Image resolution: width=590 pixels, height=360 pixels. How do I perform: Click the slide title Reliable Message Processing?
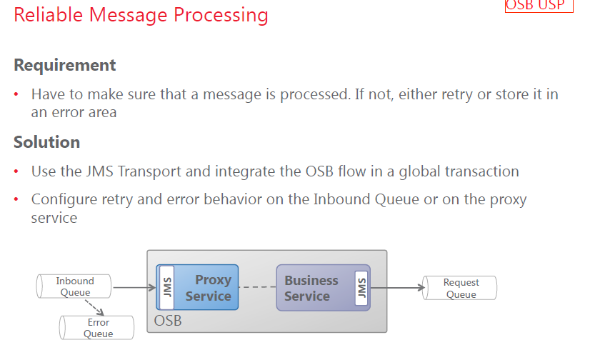click(141, 15)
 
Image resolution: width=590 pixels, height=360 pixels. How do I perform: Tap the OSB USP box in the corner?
click(539, 6)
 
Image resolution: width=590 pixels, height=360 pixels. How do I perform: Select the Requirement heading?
click(64, 65)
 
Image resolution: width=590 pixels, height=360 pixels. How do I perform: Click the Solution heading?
click(46, 142)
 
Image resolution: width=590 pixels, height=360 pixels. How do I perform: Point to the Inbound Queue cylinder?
click(74, 286)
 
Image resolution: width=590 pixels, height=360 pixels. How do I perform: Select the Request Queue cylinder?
click(460, 288)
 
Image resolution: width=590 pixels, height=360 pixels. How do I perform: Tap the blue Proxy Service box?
click(207, 287)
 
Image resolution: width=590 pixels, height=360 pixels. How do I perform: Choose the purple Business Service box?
click(311, 288)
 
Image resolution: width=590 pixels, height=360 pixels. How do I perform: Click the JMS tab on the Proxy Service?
click(167, 287)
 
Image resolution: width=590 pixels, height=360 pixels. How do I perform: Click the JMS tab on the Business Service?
click(360, 287)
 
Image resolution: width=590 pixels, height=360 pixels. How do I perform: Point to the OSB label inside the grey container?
click(168, 321)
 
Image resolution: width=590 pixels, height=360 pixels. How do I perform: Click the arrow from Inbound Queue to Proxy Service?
click(134, 288)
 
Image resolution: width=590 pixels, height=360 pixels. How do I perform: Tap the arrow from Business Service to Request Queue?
click(396, 288)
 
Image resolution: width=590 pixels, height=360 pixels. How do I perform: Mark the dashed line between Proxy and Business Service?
click(257, 288)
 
